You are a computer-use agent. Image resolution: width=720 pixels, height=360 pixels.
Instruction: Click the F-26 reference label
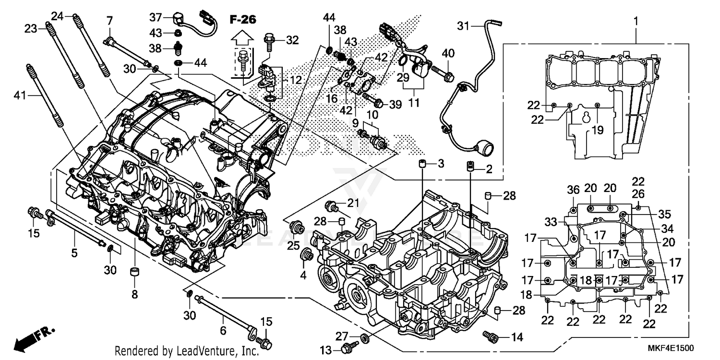[x=243, y=20]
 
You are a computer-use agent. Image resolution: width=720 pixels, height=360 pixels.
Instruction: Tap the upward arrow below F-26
[x=243, y=37]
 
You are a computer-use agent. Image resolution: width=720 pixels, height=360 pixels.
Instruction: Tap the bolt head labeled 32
[x=269, y=37]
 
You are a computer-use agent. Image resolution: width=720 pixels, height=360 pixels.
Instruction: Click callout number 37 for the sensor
[x=156, y=18]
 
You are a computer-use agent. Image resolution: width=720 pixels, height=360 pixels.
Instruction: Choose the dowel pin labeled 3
[x=422, y=165]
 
